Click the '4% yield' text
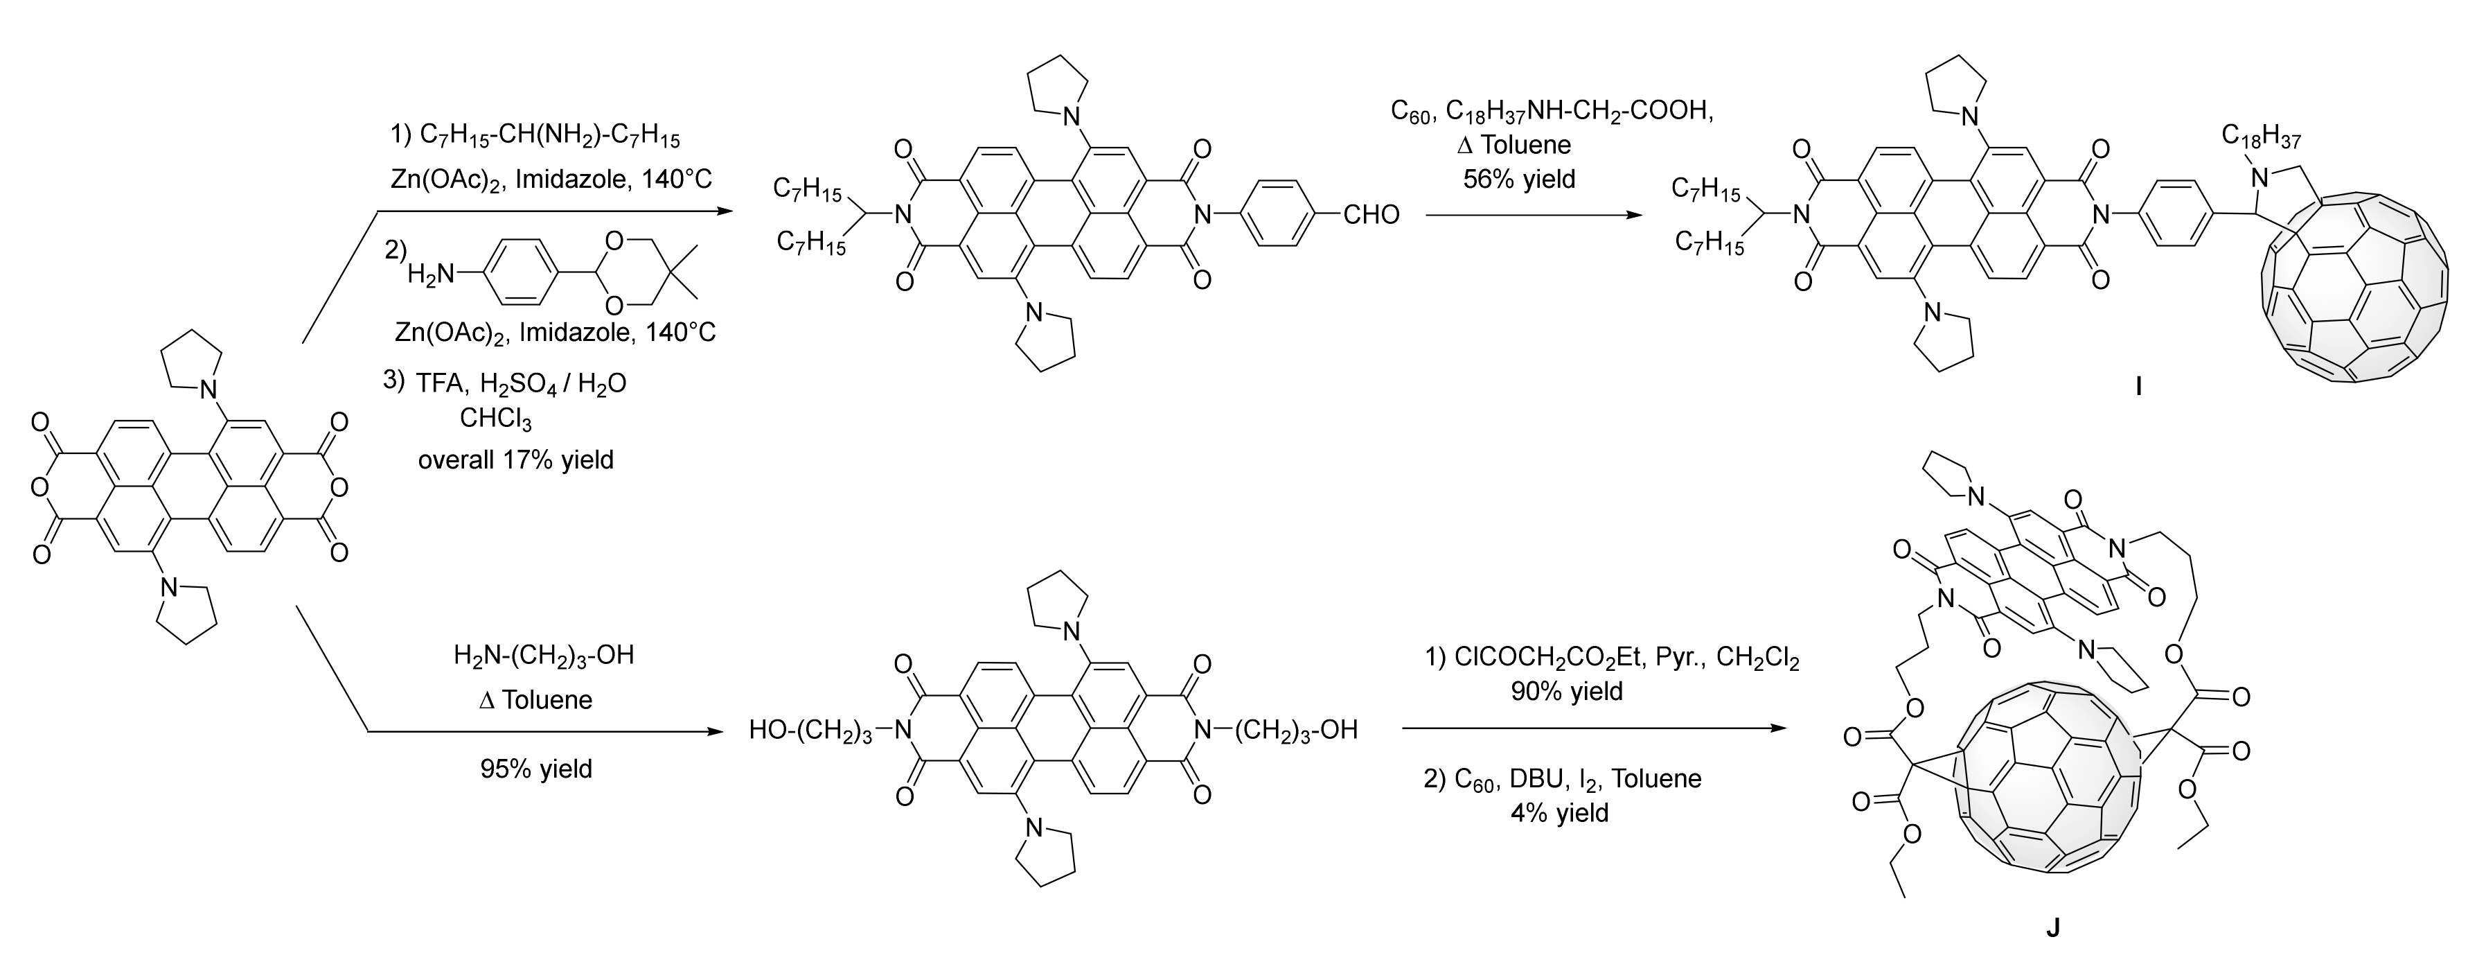point(1560,813)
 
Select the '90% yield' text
point(1568,691)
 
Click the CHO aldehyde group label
point(1371,215)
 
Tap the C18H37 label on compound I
point(2261,139)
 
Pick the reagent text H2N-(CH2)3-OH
point(544,656)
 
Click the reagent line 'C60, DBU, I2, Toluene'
point(1563,778)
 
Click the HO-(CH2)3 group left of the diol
point(812,731)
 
